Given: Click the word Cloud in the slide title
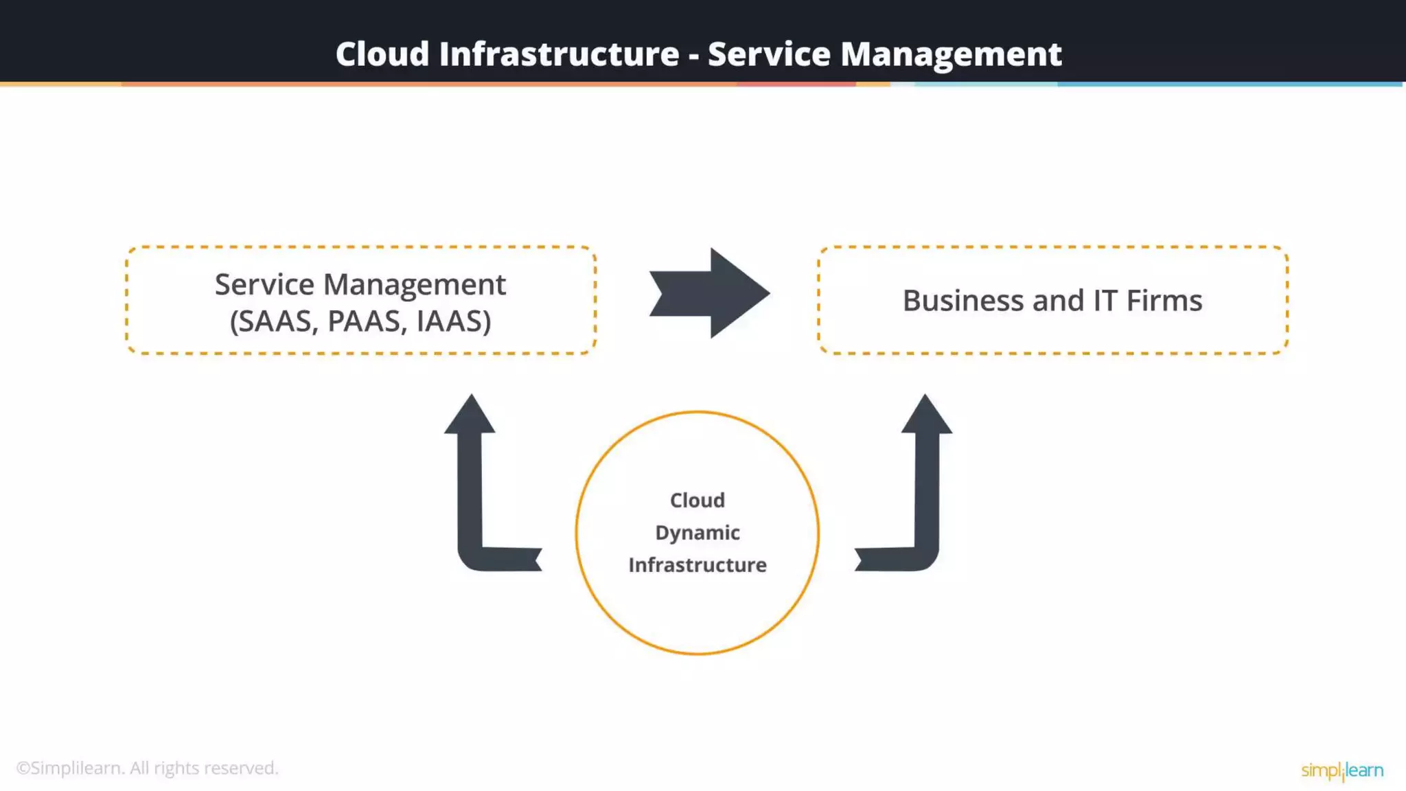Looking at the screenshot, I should [x=382, y=54].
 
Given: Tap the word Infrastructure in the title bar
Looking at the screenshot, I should [x=559, y=54].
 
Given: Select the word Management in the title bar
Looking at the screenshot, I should [x=951, y=54].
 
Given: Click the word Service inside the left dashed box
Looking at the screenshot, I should [x=264, y=284].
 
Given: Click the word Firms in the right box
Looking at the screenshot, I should [x=1164, y=301].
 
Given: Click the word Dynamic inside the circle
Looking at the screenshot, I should [x=698, y=533].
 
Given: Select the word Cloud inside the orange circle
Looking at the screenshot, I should [x=698, y=500].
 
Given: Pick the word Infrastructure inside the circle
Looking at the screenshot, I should [x=698, y=565].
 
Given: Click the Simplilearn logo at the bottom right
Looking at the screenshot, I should [x=1341, y=770].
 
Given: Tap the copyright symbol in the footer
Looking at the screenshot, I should [x=23, y=768].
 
